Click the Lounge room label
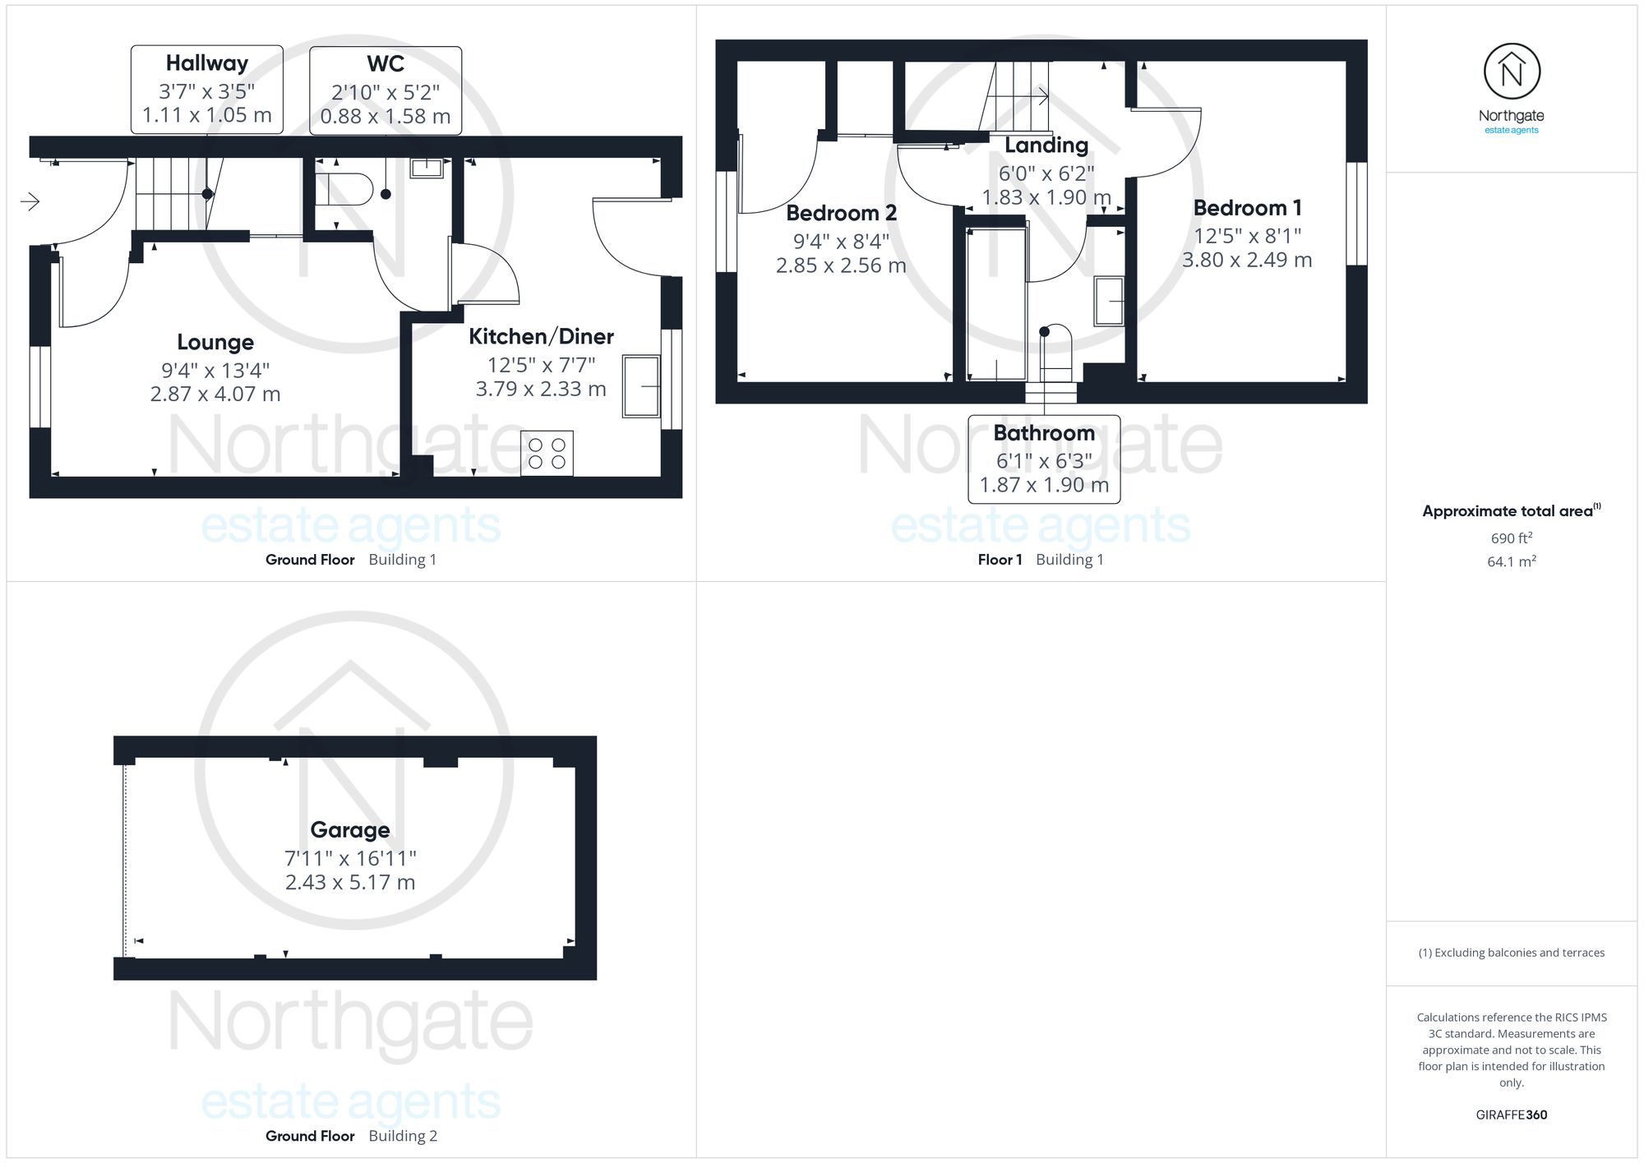215,343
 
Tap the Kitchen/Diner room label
541,337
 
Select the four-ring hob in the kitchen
547,453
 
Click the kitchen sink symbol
641,385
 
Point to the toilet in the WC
343,189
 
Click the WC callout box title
386,64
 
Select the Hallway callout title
207,63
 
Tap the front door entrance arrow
30,201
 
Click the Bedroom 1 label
1247,208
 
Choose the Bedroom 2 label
841,214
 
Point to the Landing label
1046,145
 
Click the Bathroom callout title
1044,433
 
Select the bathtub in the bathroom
996,304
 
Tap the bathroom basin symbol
1109,301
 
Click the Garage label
350,830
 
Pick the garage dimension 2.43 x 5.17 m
350,883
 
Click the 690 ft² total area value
1511,538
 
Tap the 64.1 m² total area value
1511,562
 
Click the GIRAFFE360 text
1511,1115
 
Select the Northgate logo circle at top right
1512,72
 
